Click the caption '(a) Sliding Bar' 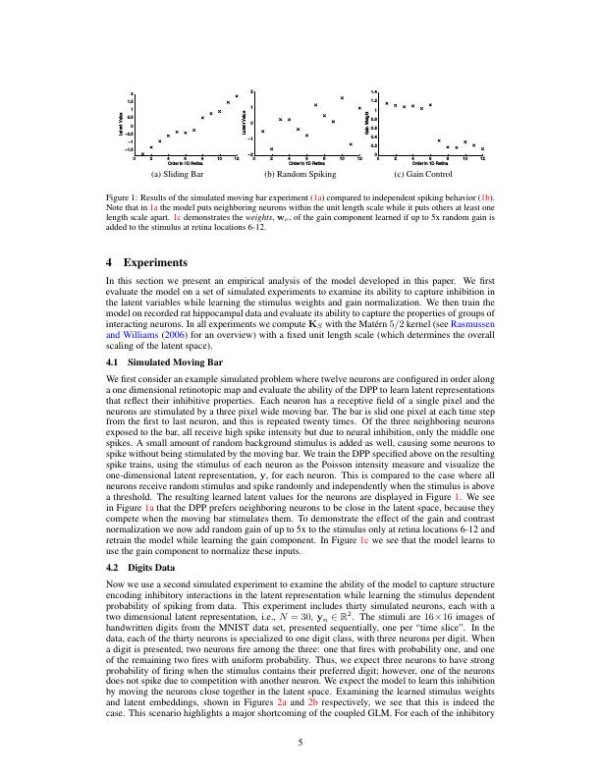[x=184, y=175]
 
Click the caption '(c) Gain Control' [x=422, y=175]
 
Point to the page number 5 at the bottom [x=300, y=743]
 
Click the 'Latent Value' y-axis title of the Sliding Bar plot [x=119, y=124]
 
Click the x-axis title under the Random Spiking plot [x=306, y=162]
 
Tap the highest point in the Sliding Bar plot [x=237, y=95]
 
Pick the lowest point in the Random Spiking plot [x=271, y=149]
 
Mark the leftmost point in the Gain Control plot [x=387, y=102]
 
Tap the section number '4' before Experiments [x=109, y=263]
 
